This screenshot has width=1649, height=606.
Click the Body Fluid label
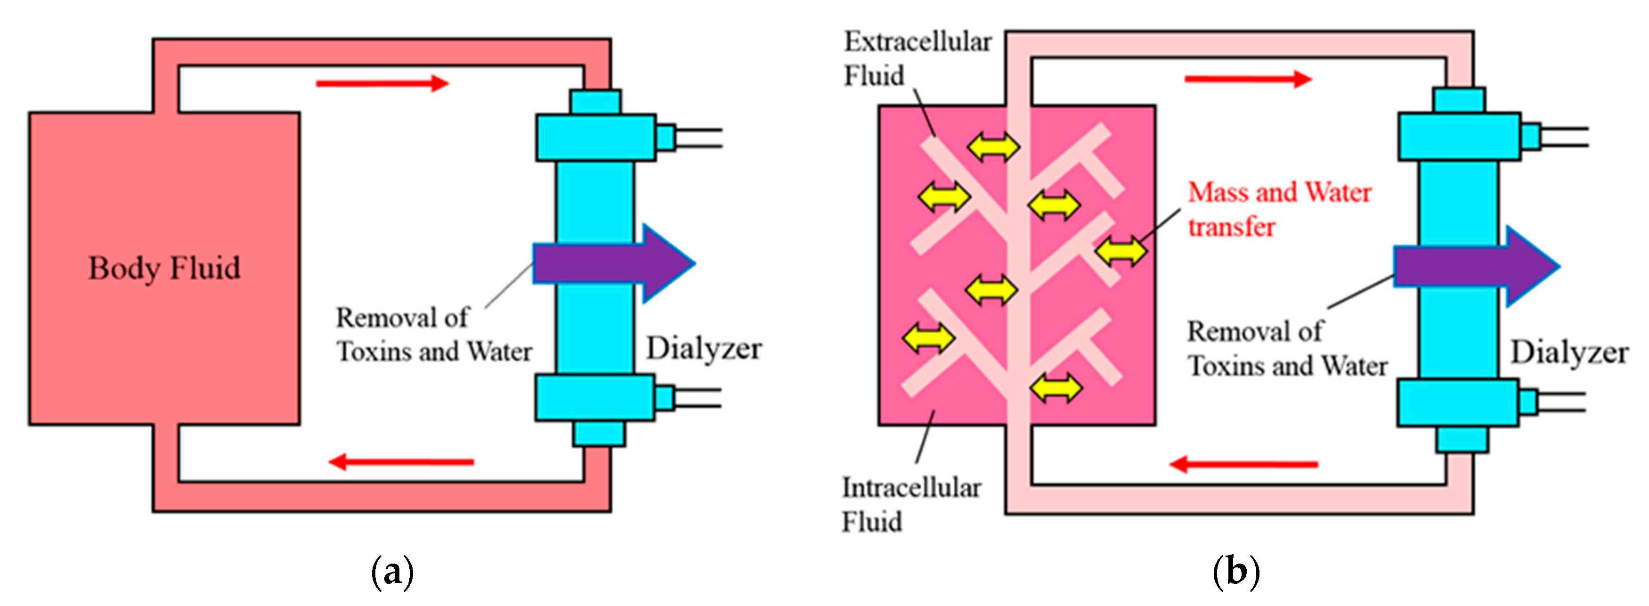pos(164,268)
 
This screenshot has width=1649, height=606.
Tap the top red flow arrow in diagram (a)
pos(382,83)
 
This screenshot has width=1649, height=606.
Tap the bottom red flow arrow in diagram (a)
pos(401,461)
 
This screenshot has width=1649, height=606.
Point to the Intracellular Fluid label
pos(910,504)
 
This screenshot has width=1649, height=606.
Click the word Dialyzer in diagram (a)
pos(704,349)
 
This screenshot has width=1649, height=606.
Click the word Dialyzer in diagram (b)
pos(1569,352)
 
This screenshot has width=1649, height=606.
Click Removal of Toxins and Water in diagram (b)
pos(1287,349)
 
